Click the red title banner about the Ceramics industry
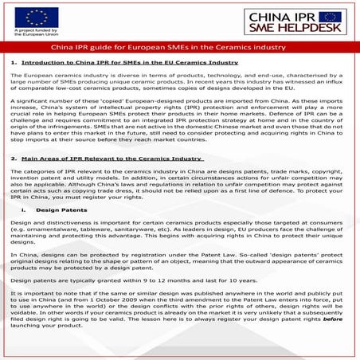pos(180,46)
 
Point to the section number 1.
pos(14,61)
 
